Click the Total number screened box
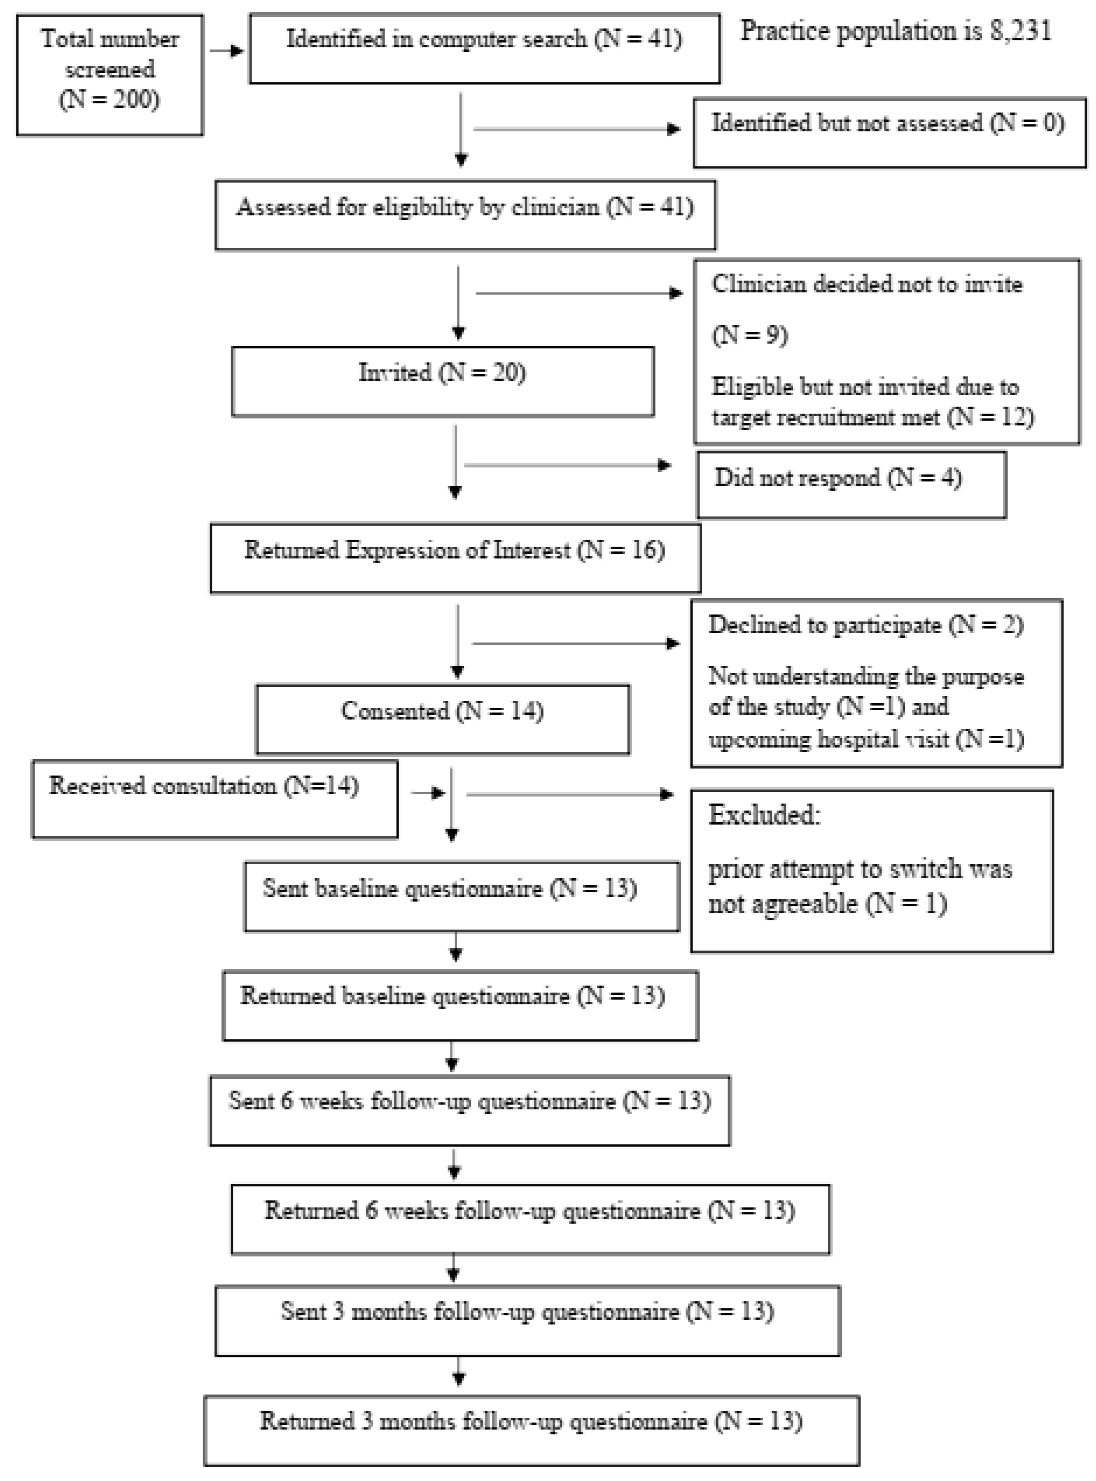pyautogui.click(x=110, y=75)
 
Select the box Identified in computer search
pyautogui.click(x=484, y=49)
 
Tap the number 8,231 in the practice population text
pyautogui.click(x=1020, y=31)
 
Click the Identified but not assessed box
pyautogui.click(x=889, y=132)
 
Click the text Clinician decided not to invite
pyautogui.click(x=866, y=284)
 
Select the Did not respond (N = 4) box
pyautogui.click(x=851, y=484)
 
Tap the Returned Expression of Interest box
pyautogui.click(x=455, y=558)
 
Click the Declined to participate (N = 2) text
pyautogui.click(x=865, y=625)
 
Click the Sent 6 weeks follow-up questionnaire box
pyautogui.click(x=470, y=1109)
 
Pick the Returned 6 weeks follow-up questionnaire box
pyautogui.click(x=530, y=1219)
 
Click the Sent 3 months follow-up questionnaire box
pyautogui.click(x=527, y=1320)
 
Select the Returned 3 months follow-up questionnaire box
pyautogui.click(x=532, y=1429)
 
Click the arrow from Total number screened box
pyautogui.click(x=226, y=50)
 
